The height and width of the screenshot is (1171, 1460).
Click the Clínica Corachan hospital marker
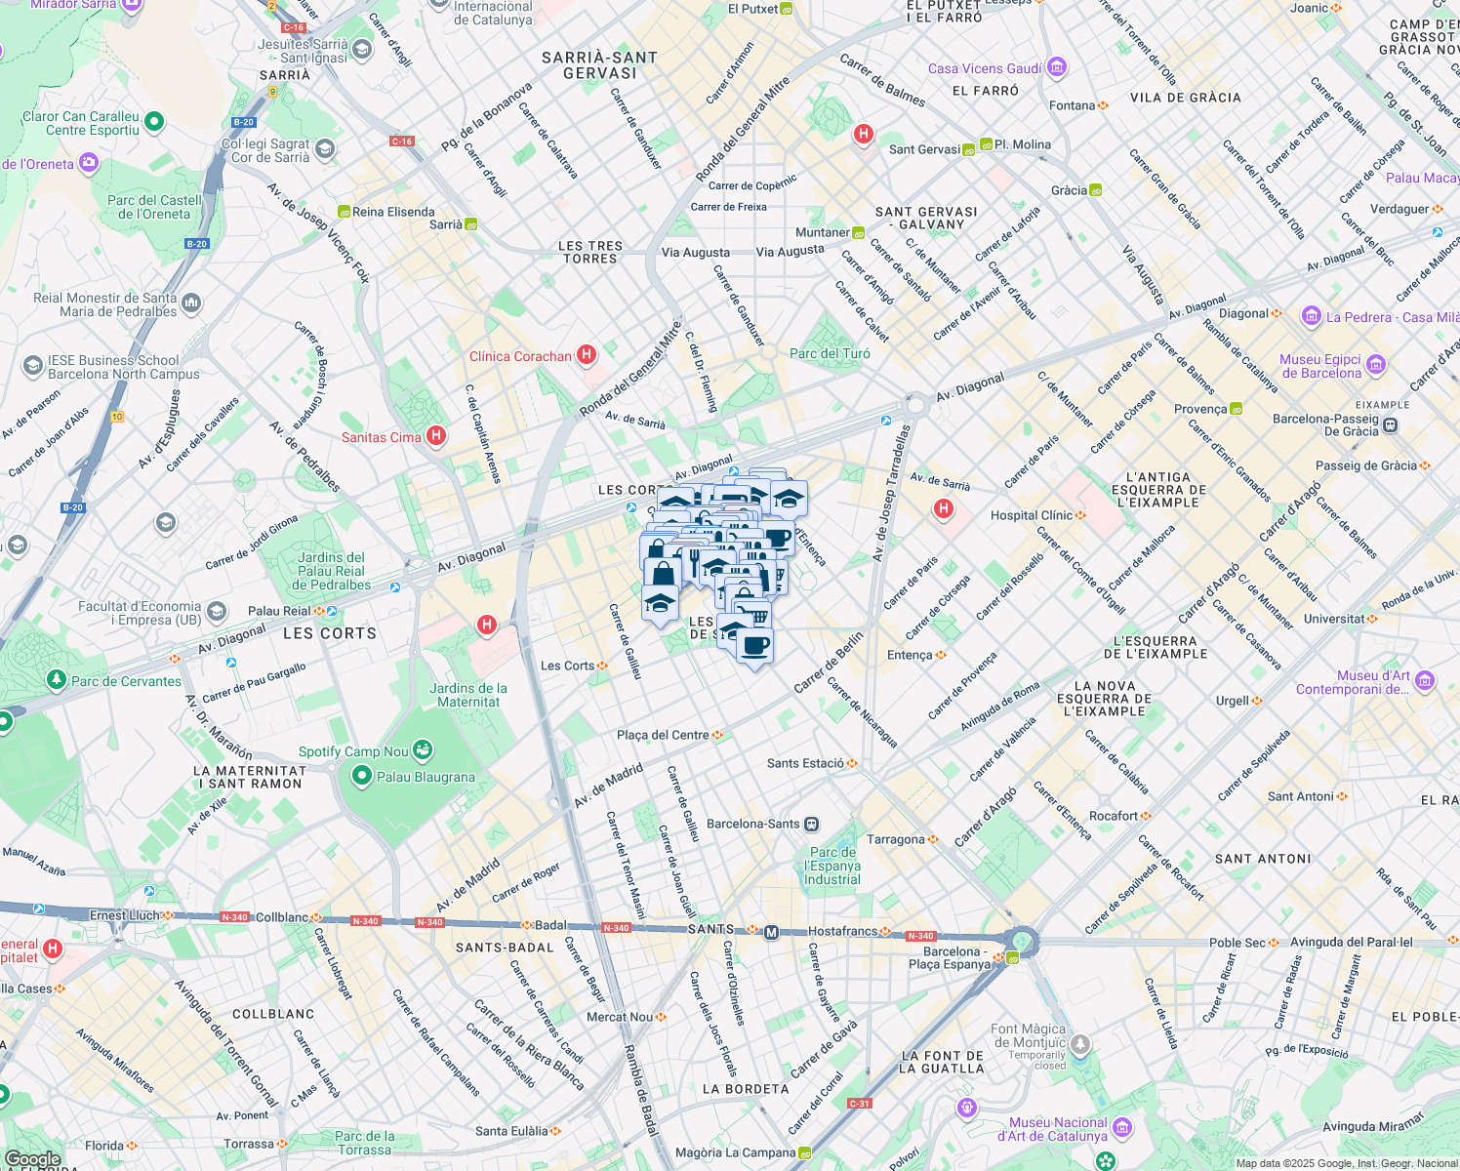(x=587, y=355)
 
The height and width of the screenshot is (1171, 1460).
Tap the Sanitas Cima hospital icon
(x=436, y=436)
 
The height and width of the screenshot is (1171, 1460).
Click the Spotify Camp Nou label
(x=353, y=751)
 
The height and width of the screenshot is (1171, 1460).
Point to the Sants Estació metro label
(x=805, y=763)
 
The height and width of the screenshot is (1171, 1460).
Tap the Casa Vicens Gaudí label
(x=985, y=68)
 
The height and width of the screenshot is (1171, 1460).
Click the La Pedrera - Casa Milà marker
(x=1311, y=316)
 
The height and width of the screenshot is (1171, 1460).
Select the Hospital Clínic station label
(x=1032, y=515)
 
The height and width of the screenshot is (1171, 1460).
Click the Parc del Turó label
(x=830, y=353)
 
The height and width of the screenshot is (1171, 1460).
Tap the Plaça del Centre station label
(x=663, y=735)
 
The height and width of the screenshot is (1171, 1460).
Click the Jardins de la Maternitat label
(x=468, y=695)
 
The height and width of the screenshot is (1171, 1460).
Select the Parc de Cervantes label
(x=126, y=681)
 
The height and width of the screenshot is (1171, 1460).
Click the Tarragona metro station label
(x=896, y=839)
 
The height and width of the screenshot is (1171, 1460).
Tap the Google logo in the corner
(x=32, y=1159)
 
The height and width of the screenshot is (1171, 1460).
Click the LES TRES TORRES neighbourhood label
(x=590, y=253)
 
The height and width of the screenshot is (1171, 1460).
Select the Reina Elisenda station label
(x=393, y=212)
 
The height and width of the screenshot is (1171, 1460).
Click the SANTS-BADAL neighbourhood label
(x=505, y=948)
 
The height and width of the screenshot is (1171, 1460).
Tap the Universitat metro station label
(x=1334, y=619)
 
